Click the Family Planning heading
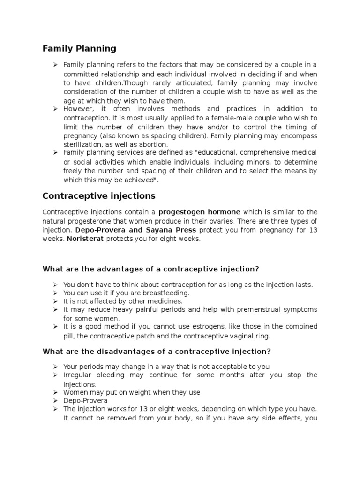pyautogui.click(x=79, y=48)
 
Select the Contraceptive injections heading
pyautogui.click(x=99, y=195)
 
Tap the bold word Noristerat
pyautogui.click(x=85, y=239)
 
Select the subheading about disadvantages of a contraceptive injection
pyautogui.click(x=157, y=351)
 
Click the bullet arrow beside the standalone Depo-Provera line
pyautogui.click(x=55, y=401)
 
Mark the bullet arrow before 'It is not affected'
pyautogui.click(x=55, y=301)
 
